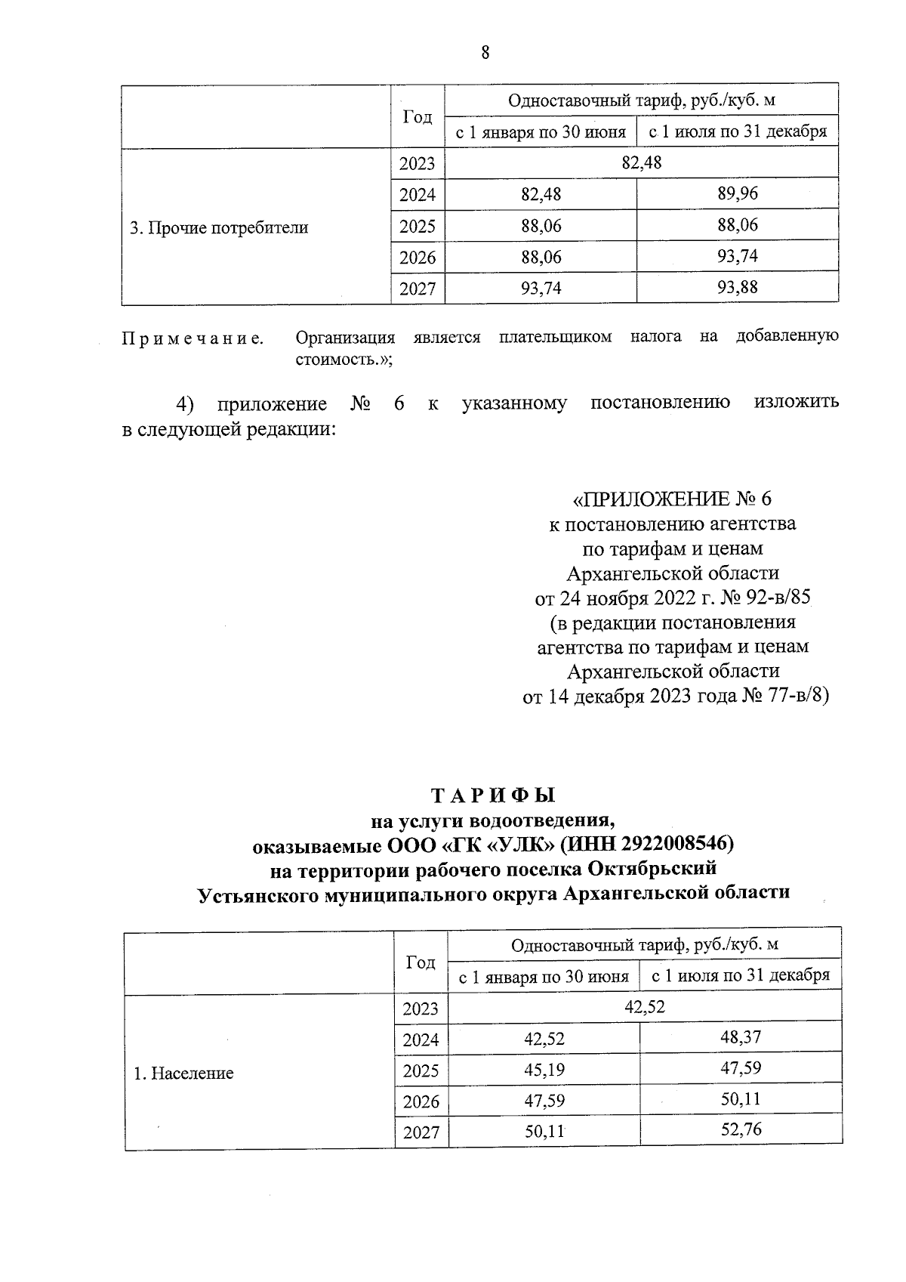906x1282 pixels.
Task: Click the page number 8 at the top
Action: click(x=485, y=52)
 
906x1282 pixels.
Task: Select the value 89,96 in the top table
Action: click(x=737, y=193)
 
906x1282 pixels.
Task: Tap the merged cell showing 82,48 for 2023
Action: click(x=641, y=162)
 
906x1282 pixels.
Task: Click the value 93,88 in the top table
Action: click(x=737, y=287)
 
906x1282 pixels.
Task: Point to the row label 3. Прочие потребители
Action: click(x=219, y=227)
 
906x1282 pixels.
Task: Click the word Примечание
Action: click(x=193, y=338)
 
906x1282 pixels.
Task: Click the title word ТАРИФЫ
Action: click(x=493, y=795)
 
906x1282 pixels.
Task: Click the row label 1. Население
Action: click(x=184, y=1073)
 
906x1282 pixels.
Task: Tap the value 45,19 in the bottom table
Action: click(x=544, y=1070)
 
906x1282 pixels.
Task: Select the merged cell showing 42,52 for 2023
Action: click(x=645, y=1006)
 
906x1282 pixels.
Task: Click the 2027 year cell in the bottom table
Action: click(x=421, y=1132)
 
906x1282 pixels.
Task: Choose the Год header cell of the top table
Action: click(x=417, y=116)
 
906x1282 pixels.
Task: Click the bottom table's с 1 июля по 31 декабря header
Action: click(x=740, y=975)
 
